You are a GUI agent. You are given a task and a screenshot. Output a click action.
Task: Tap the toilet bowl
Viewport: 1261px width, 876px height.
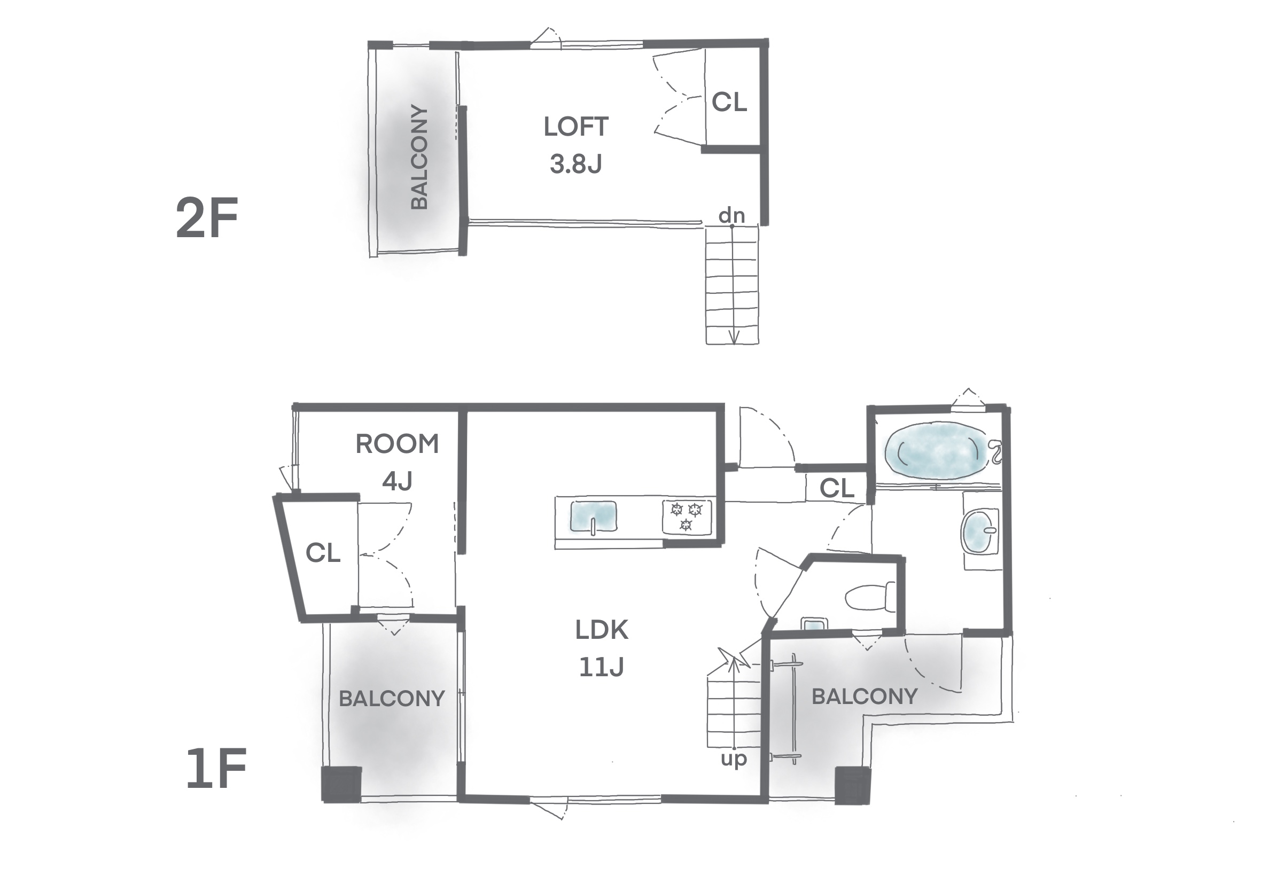click(x=870, y=597)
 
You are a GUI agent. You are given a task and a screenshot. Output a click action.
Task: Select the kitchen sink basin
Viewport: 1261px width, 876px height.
click(x=593, y=516)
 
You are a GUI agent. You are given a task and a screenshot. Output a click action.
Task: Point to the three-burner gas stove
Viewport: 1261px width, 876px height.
click(x=687, y=516)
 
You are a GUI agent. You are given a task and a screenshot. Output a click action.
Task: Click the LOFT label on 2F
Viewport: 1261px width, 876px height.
click(x=576, y=127)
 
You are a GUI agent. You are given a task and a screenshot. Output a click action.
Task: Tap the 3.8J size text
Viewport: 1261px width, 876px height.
click(x=576, y=164)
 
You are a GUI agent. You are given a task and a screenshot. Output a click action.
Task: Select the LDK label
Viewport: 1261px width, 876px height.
click(x=602, y=630)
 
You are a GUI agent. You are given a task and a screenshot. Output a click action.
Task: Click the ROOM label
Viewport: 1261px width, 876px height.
click(x=398, y=444)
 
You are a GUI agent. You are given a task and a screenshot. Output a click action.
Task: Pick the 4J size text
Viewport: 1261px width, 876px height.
click(x=398, y=481)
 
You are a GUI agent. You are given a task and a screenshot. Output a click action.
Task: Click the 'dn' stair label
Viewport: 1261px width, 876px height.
click(x=732, y=216)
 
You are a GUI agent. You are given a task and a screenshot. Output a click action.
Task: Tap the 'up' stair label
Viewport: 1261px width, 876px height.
click(x=734, y=760)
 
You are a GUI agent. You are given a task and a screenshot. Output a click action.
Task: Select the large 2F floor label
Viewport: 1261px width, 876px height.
click(x=207, y=218)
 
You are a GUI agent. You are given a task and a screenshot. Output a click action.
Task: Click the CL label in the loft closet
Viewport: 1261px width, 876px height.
click(x=729, y=102)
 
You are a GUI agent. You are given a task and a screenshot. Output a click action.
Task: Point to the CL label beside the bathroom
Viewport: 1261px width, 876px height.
click(x=837, y=488)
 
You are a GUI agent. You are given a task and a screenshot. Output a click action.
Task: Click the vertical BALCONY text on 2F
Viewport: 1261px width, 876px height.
click(x=419, y=157)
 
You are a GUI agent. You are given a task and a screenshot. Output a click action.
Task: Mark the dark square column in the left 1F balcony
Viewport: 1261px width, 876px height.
click(x=341, y=784)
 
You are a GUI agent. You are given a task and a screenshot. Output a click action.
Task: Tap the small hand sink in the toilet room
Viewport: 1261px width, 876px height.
click(x=814, y=624)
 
